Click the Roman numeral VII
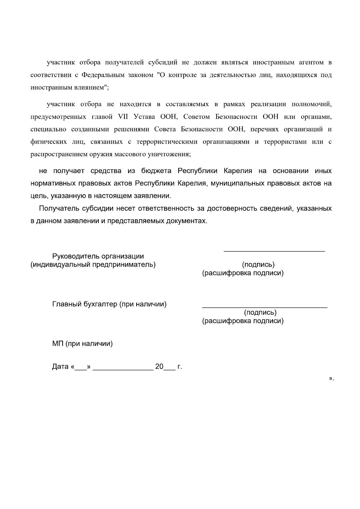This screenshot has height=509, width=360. click(x=123, y=117)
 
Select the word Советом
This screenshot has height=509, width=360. click(x=196, y=117)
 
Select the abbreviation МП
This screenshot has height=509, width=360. click(x=58, y=344)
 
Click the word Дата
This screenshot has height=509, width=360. click(x=60, y=367)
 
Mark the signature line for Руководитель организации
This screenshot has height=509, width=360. click(x=274, y=251)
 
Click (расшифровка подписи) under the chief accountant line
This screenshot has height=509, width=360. click(x=243, y=321)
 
